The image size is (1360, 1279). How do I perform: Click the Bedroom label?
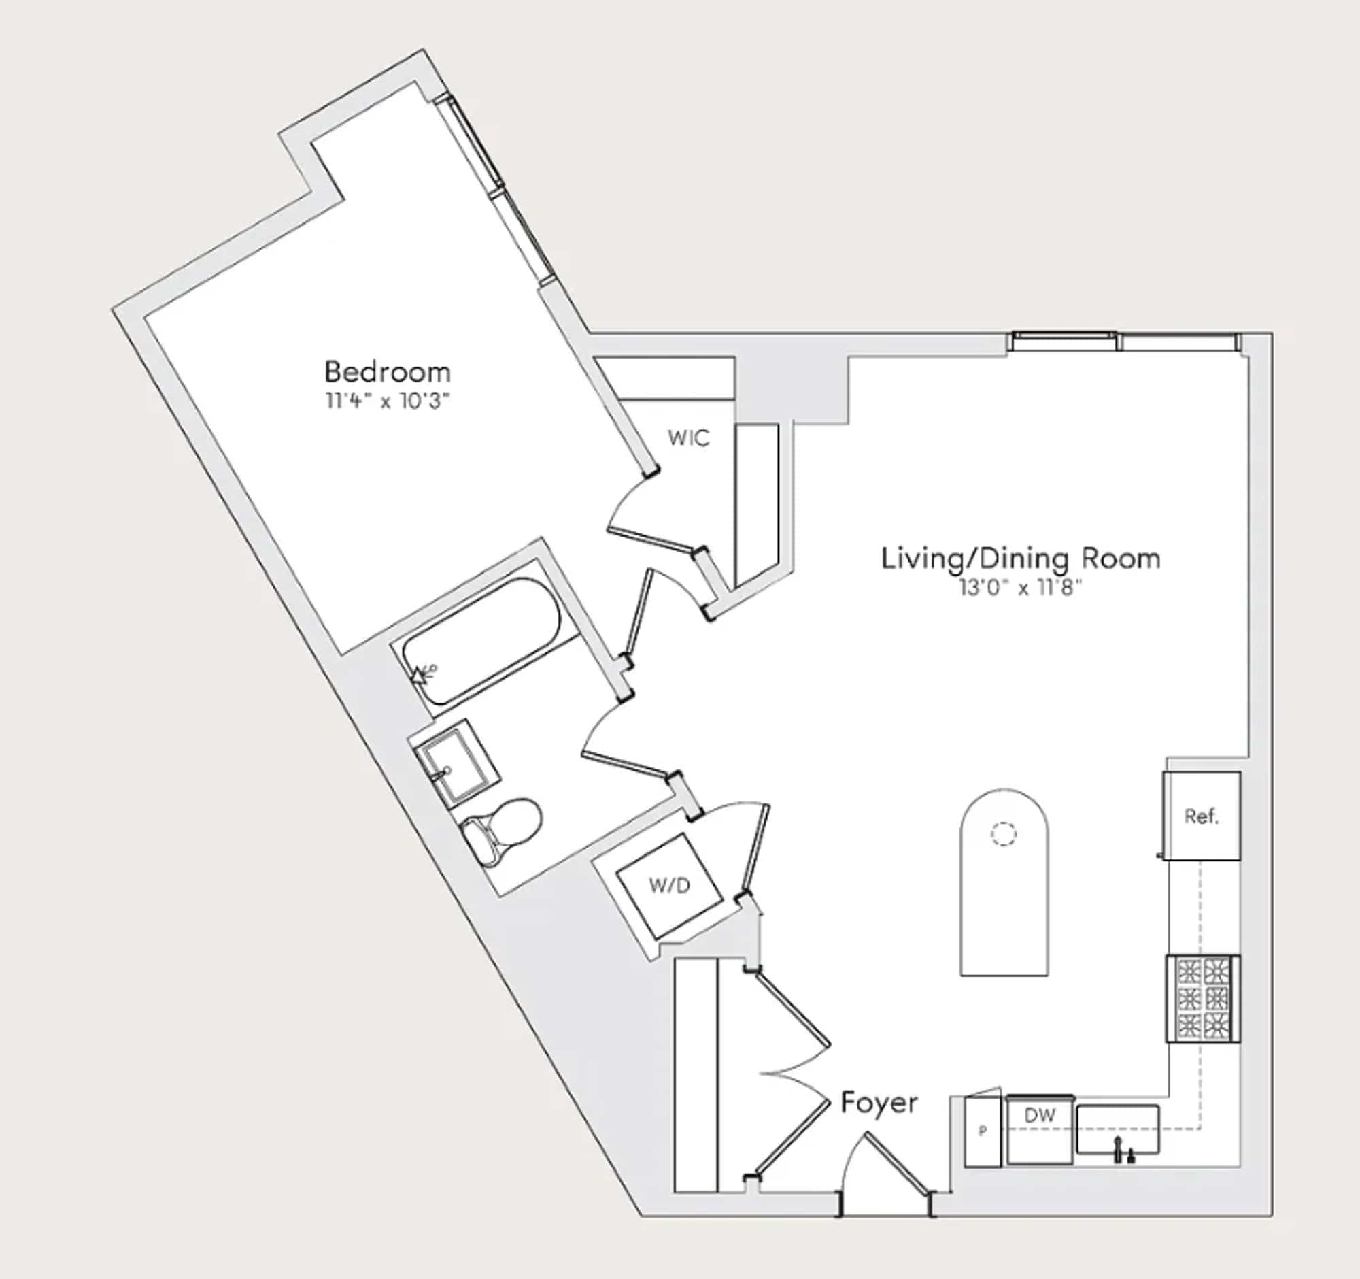[387, 372]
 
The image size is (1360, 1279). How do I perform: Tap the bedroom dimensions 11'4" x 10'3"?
[387, 400]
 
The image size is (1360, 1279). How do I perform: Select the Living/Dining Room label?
[1021, 559]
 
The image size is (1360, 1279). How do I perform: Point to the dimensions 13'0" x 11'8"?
[1021, 587]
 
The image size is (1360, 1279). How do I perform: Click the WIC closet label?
[688, 438]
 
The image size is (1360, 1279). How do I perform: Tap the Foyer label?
[879, 1103]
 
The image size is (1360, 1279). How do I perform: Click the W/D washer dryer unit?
[670, 886]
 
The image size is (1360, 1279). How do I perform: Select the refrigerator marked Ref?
[1202, 816]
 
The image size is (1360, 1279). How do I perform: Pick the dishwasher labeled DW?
[1039, 1130]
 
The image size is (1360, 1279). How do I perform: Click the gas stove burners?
[1204, 999]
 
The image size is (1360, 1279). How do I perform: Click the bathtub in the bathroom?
[481, 641]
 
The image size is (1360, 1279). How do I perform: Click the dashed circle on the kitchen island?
[1004, 833]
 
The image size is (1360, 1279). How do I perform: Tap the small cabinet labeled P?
[983, 1131]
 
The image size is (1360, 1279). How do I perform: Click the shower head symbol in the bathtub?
[423, 674]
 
